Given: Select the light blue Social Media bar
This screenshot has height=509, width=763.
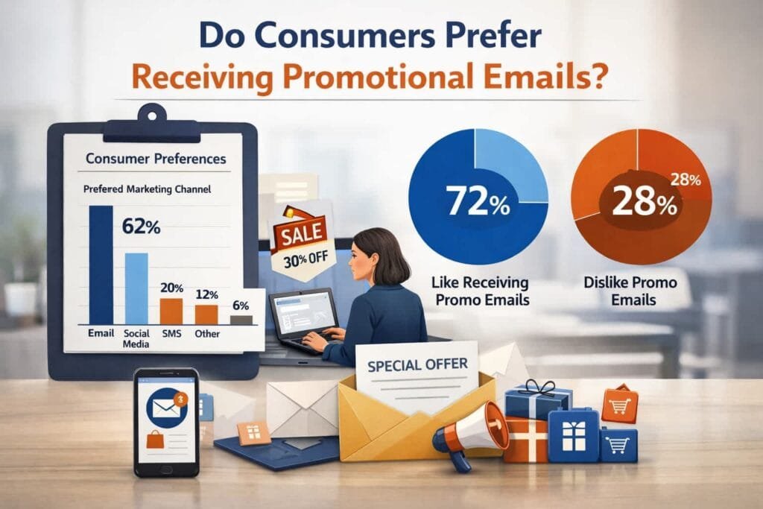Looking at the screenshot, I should (x=136, y=288).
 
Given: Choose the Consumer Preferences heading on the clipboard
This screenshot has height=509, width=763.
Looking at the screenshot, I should (x=156, y=159).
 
